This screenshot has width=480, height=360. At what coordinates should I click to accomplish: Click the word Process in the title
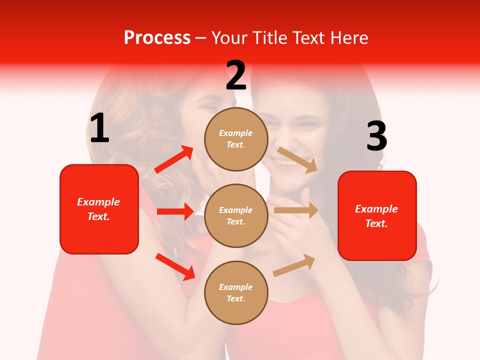coord(157,38)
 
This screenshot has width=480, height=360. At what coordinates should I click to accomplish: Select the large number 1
coord(99,128)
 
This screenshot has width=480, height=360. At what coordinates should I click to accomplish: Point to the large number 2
coord(236,76)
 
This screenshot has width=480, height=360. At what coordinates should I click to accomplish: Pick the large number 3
coord(376,136)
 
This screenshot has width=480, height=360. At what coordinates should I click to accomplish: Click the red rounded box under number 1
coord(99,209)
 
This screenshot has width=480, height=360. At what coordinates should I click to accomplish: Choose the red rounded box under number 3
coord(377,215)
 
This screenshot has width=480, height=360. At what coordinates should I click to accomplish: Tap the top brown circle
coord(236,139)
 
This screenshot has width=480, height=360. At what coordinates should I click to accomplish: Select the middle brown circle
coord(236,215)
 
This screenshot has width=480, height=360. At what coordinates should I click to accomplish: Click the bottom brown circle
coord(236,292)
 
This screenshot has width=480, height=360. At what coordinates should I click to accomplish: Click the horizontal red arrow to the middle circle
coord(175,211)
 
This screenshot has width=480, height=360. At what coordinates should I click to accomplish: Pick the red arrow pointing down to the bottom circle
coord(175,266)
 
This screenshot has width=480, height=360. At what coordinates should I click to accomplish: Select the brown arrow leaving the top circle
coord(297,159)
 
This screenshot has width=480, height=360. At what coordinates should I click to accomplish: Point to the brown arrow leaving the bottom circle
coord(294,265)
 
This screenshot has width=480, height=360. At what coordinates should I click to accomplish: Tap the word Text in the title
coord(306,38)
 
